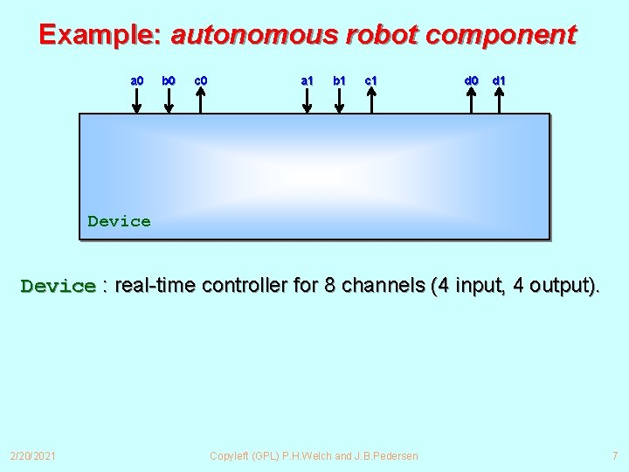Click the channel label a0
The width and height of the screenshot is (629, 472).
point(137,80)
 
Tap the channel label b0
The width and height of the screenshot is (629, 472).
point(169,80)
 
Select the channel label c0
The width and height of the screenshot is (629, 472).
point(200,80)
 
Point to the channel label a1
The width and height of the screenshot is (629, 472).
point(307,80)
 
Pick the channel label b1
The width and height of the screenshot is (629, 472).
point(339,80)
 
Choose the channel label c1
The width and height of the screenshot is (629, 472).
point(370,80)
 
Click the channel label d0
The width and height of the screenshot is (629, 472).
point(471,80)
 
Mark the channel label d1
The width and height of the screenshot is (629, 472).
point(499,80)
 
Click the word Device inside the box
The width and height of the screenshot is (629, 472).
point(119,221)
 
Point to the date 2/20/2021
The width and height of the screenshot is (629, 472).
point(32,455)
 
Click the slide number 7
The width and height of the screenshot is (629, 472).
point(614,455)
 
